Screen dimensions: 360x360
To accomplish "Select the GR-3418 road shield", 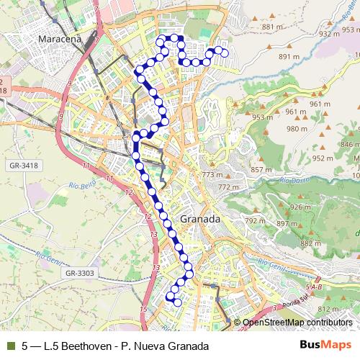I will (24, 165).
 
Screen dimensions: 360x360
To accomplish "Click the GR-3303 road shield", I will (79, 273).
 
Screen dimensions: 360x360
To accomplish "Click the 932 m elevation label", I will (329, 33).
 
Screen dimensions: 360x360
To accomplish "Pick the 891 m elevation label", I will (289, 56).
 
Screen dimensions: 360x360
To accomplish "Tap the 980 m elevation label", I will (297, 129).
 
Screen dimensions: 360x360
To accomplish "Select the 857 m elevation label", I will (261, 169).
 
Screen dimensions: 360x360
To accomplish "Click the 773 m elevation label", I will (212, 174).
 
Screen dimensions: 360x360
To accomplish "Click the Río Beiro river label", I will (83, 186).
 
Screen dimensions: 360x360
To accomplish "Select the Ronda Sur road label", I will (295, 302).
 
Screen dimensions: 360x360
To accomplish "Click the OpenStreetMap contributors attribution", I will (297, 322).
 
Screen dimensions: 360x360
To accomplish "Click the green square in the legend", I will (10, 346).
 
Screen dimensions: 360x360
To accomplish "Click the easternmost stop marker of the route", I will (224, 53).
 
